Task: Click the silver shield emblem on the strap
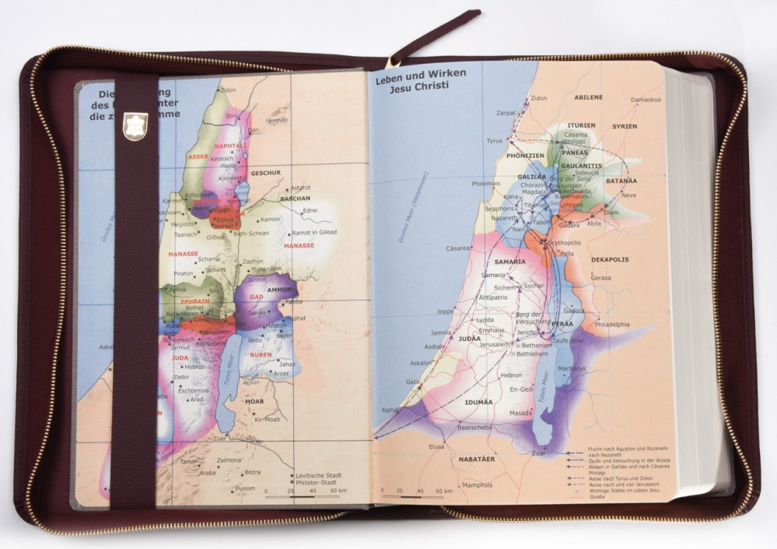coord(135,126)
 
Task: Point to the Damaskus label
coord(646,100)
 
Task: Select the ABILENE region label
coord(589,97)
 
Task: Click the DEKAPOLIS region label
coord(610,259)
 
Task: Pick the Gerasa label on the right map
coord(600,277)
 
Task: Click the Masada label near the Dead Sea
coord(520,413)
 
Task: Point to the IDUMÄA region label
coord(478,402)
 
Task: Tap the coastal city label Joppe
coord(445,311)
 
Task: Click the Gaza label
coord(412,382)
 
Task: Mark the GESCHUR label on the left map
coord(265,173)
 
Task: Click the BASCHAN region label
coord(295,199)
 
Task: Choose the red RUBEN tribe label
coord(261,355)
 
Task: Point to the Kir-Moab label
coord(266,419)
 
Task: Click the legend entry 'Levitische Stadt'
coord(321,475)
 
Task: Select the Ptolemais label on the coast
coord(486,184)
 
